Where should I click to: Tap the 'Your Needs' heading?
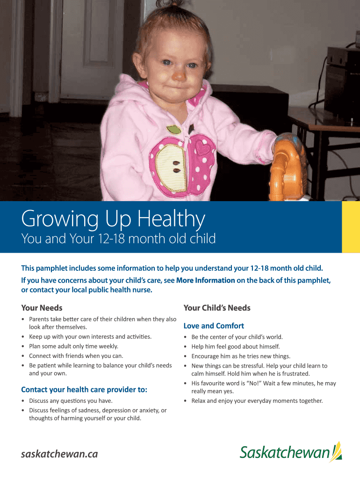pos(42,308)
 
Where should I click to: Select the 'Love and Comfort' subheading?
pos(214,326)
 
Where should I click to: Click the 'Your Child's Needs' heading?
pos(217,308)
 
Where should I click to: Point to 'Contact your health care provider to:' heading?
pos(84,390)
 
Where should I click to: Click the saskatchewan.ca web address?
pos(59,454)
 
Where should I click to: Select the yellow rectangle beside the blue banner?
pos(351,227)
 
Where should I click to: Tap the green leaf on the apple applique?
pos(174,130)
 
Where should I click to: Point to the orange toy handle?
pos(287,167)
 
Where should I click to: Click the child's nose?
pos(179,75)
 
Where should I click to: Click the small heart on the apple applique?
pos(202,147)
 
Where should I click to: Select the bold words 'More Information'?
pos(206,281)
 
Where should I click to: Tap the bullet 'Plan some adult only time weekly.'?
pos(73,347)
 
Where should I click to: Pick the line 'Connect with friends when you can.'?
pos(76,356)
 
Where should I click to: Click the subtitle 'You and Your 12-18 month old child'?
pos(118,239)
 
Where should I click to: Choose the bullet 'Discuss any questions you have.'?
pos(71,401)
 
